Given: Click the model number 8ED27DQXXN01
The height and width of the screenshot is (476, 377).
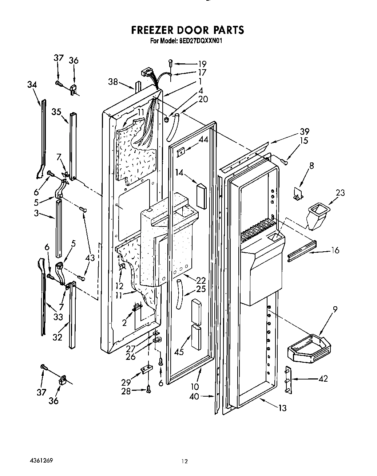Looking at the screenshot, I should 201,41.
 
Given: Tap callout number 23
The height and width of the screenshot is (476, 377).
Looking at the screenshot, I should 340,193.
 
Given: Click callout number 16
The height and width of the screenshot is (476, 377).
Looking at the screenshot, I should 335,250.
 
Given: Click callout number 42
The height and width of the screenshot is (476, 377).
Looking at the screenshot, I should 323,379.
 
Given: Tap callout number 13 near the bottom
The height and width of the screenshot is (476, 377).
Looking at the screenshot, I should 282,408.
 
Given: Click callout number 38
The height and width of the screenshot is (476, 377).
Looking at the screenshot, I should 113,82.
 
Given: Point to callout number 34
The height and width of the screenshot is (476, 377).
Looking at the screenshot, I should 32,84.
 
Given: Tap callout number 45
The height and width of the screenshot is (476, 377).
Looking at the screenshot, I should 179,352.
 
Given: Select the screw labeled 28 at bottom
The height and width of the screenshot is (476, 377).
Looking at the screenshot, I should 148,390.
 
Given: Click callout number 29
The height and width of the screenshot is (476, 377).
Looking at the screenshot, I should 126,382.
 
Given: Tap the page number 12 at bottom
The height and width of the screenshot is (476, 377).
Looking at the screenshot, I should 184,461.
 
